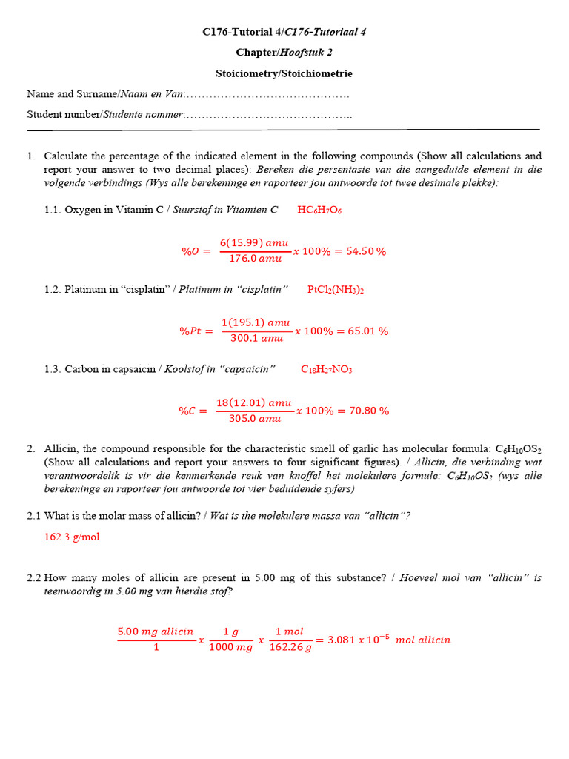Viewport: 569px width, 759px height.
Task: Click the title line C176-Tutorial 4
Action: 284,32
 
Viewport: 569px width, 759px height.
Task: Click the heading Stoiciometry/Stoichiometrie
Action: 284,73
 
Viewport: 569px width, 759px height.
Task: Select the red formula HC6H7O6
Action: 319,210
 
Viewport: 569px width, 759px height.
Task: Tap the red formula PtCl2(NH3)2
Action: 336,289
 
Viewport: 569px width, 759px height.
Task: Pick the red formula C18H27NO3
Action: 326,369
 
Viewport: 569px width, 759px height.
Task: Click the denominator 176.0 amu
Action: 255,259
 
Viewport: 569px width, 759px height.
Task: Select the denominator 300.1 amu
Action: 256,339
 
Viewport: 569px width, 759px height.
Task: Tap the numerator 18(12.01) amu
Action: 254,403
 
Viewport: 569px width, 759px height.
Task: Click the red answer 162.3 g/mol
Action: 72,537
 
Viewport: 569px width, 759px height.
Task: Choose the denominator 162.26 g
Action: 290,647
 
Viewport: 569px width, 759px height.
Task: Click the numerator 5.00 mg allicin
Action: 156,632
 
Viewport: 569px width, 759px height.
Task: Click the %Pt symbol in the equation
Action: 196,331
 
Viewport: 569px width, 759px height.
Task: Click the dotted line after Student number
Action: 267,115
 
